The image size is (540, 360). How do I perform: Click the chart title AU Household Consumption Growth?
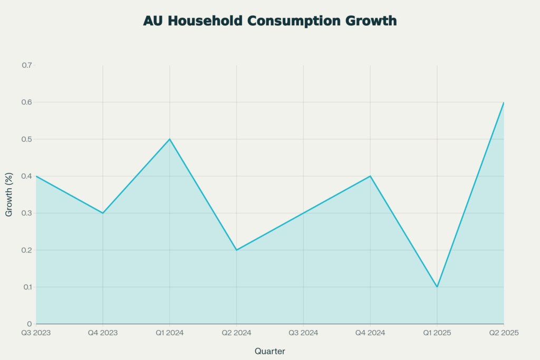[x=269, y=21]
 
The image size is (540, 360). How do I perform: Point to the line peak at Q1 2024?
[x=169, y=139]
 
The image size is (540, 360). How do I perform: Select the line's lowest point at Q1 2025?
[x=437, y=287]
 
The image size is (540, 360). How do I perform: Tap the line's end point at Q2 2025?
[x=504, y=102]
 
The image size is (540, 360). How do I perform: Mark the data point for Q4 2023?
[x=103, y=213]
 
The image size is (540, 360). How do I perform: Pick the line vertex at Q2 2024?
[x=236, y=250]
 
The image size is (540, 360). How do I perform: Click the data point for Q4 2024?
[x=370, y=176]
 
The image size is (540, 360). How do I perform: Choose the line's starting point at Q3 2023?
[x=36, y=176]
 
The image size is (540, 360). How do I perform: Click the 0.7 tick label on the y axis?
[x=26, y=65]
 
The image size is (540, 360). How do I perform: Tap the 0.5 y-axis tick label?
[x=26, y=139]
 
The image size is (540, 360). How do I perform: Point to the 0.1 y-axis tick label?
[x=26, y=287]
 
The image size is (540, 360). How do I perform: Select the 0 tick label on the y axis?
[x=30, y=324]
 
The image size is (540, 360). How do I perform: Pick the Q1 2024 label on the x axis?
[x=169, y=333]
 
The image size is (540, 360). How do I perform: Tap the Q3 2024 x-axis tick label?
[x=303, y=333]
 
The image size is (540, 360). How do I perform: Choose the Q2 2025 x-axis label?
[x=504, y=333]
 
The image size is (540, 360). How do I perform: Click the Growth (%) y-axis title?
[x=9, y=194]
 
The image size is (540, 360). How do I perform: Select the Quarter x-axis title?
[x=269, y=351]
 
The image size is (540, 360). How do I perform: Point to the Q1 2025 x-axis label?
[x=437, y=333]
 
